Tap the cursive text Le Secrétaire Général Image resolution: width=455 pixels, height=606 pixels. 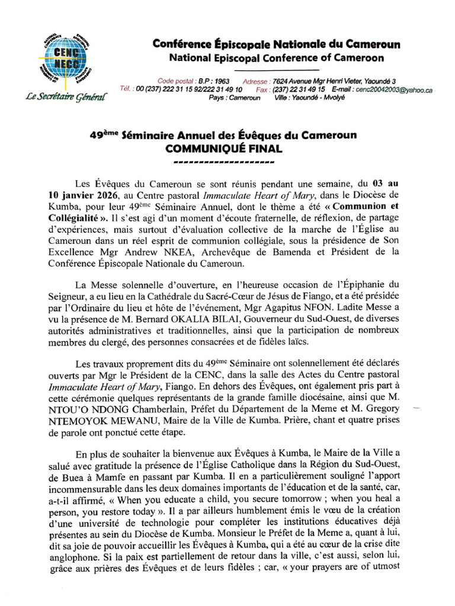pos(67,96)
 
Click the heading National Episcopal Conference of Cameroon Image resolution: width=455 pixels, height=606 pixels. pos(276,58)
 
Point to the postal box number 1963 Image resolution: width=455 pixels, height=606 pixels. pos(222,81)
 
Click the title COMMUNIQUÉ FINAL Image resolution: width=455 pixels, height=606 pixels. pos(223,149)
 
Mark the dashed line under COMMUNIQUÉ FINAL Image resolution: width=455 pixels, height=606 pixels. pos(223,162)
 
